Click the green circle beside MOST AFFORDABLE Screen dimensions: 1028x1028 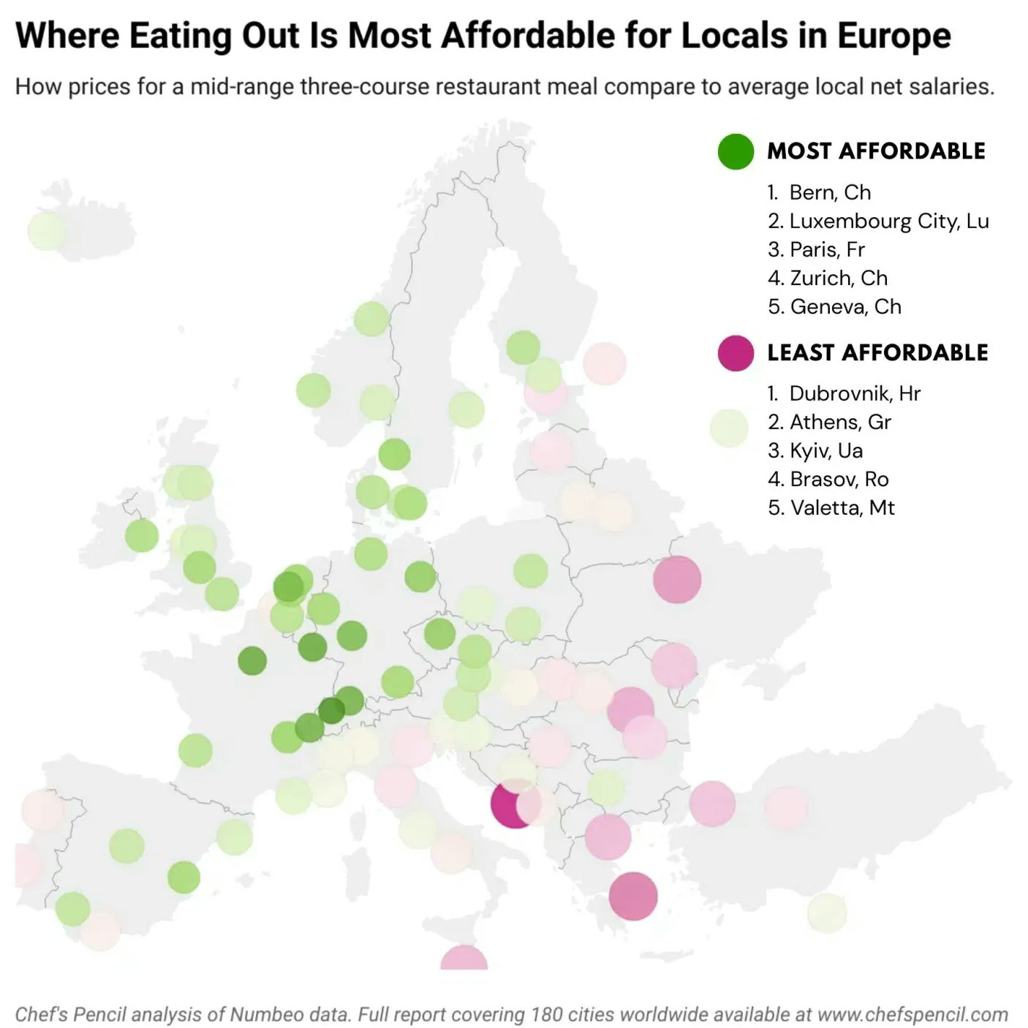(x=736, y=152)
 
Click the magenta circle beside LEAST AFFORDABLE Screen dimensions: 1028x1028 (x=736, y=353)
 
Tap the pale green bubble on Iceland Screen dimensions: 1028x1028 (x=47, y=231)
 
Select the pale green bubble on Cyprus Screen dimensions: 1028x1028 (x=827, y=912)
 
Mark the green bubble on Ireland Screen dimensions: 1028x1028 (x=142, y=536)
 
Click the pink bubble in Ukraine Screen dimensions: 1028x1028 (x=677, y=579)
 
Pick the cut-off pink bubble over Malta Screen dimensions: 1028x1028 (x=464, y=959)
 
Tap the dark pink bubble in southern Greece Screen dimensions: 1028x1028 (x=633, y=896)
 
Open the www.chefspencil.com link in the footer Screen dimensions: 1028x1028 (x=912, y=1015)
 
